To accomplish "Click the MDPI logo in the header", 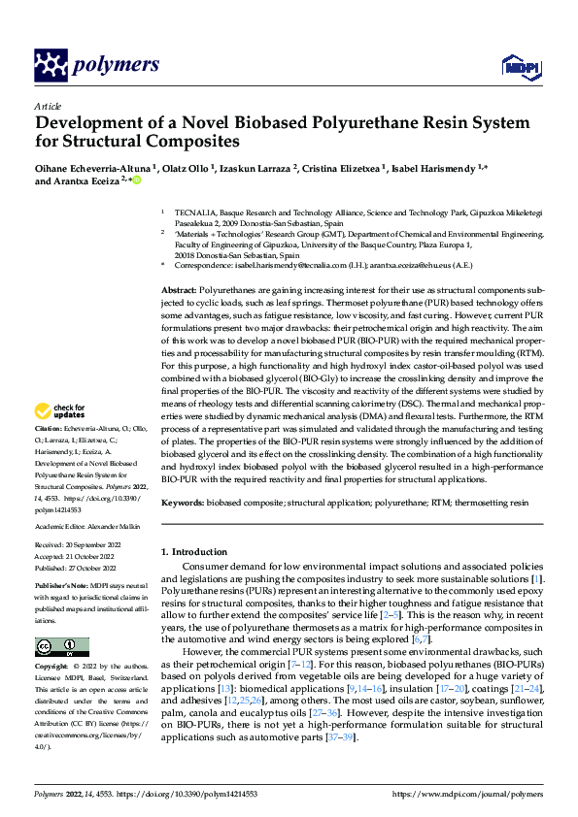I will tap(519, 65).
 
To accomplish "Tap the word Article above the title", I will tap(48, 106).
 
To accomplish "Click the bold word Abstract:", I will tap(178, 290).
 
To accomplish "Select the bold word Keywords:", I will tap(183, 504).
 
